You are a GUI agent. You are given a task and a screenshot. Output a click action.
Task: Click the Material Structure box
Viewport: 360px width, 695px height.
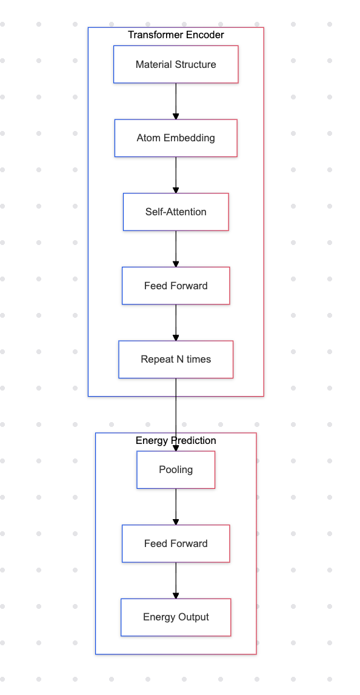point(176,64)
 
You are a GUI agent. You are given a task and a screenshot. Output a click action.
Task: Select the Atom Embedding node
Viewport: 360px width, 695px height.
point(176,138)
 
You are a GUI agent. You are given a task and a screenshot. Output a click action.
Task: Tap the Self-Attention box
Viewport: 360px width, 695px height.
point(176,212)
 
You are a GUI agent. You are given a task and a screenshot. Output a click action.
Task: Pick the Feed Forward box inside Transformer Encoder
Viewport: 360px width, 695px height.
point(176,286)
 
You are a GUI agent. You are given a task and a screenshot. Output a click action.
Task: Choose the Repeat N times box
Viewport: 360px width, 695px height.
point(176,360)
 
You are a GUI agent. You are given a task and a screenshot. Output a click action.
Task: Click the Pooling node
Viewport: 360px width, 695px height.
point(176,470)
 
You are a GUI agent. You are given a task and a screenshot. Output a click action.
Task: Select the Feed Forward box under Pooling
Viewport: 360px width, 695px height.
point(176,543)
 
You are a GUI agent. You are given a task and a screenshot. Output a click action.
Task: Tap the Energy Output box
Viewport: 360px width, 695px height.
point(176,617)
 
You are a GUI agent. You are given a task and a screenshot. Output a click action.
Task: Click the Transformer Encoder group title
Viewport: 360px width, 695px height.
point(176,35)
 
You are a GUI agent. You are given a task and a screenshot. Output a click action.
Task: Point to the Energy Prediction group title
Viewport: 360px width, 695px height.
point(176,440)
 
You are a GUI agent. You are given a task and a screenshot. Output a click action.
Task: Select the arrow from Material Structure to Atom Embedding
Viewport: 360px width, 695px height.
point(176,101)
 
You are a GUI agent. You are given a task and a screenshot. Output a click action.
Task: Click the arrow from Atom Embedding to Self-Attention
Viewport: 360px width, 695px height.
point(176,175)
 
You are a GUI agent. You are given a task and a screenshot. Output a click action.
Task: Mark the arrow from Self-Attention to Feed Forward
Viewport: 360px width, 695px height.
point(176,249)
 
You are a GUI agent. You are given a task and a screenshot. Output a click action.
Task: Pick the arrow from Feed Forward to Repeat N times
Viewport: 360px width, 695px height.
point(176,323)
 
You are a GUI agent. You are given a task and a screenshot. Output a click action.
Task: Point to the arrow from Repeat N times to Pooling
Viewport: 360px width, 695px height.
point(176,415)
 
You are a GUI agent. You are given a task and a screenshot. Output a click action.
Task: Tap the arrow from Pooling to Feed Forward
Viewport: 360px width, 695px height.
point(176,506)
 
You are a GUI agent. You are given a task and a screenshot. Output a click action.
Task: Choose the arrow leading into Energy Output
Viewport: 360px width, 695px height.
point(176,580)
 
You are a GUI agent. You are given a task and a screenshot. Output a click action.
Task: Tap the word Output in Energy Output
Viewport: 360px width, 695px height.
point(194,617)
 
